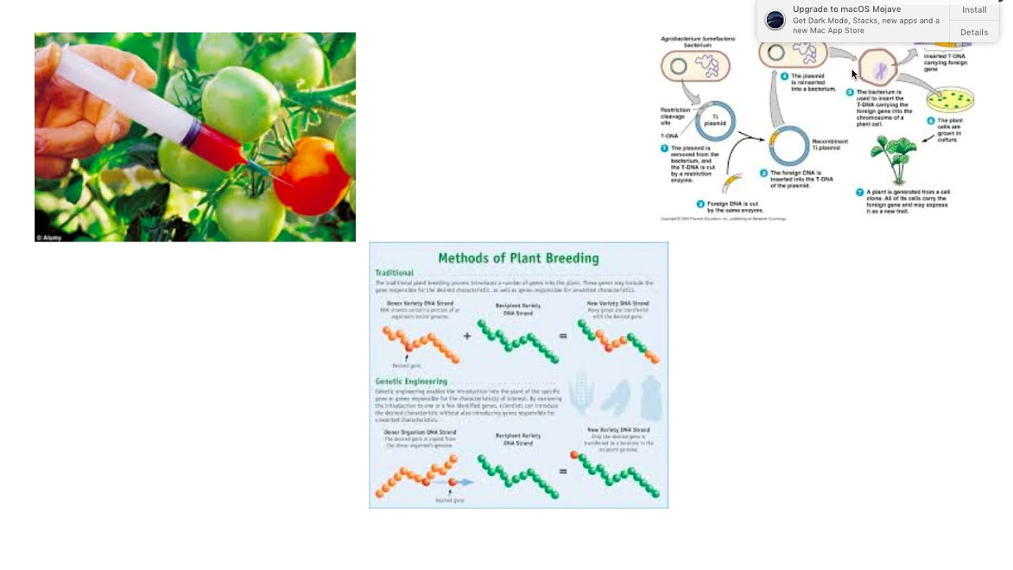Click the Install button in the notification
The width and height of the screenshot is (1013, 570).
tap(974, 10)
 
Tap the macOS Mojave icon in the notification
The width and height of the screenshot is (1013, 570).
tap(776, 20)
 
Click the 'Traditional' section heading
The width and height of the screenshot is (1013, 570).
tap(394, 273)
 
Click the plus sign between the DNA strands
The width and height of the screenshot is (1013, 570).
tap(467, 336)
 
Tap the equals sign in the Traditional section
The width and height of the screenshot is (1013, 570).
tap(563, 336)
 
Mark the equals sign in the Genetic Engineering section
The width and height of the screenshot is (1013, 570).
tap(563, 472)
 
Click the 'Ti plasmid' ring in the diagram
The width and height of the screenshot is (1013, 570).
tap(716, 121)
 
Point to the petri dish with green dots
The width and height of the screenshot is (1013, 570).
tap(950, 99)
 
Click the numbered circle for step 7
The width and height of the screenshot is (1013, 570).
tap(859, 192)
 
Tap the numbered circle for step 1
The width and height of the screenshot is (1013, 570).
tap(665, 148)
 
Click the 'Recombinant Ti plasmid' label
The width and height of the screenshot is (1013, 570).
tap(829, 145)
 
